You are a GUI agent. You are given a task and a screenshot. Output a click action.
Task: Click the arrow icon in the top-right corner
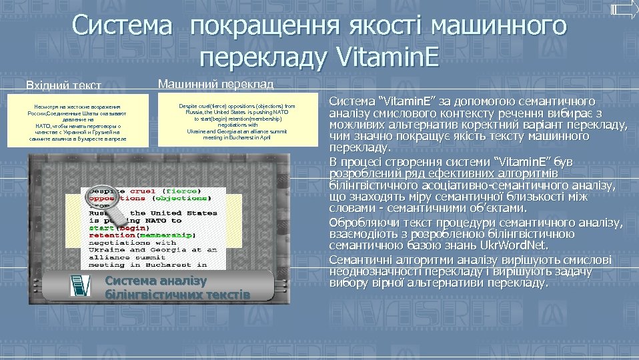624,9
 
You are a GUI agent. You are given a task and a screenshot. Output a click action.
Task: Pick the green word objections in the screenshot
181,197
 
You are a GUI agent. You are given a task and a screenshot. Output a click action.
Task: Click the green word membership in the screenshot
166,235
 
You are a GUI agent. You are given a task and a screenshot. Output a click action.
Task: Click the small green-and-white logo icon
81,284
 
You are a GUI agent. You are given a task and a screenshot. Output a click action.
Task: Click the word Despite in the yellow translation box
189,106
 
